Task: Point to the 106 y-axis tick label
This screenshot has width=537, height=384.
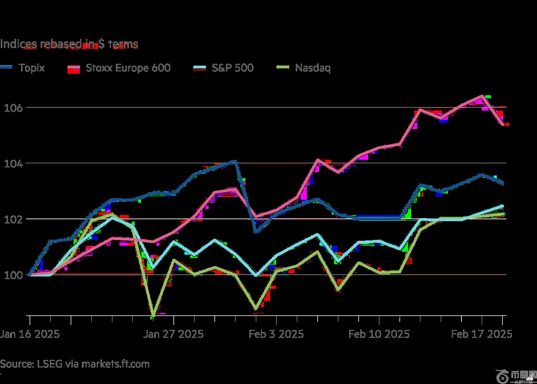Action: (x=13, y=108)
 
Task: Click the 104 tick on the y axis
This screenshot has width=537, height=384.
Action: (x=13, y=164)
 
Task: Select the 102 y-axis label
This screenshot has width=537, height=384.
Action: (x=13, y=220)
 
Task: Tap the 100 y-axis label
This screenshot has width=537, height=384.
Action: (x=13, y=275)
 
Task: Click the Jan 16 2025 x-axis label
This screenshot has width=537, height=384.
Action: (x=30, y=334)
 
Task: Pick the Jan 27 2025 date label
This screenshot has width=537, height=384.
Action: (x=173, y=334)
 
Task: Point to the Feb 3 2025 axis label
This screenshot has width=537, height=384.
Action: (x=276, y=334)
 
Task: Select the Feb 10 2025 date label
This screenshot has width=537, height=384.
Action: (x=379, y=334)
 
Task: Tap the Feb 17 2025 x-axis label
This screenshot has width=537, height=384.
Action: (x=482, y=334)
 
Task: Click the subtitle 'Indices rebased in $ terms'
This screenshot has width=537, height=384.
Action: (x=69, y=45)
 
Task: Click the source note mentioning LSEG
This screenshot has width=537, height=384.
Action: (x=75, y=364)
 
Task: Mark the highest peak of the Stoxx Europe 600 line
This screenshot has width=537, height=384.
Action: (x=481, y=96)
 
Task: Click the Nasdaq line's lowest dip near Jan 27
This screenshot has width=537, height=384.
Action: (x=153, y=315)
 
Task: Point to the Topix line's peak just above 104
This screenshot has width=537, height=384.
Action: (x=235, y=161)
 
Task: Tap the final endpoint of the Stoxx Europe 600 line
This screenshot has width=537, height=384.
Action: (x=503, y=124)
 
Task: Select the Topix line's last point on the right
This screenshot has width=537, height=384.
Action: (x=503, y=184)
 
